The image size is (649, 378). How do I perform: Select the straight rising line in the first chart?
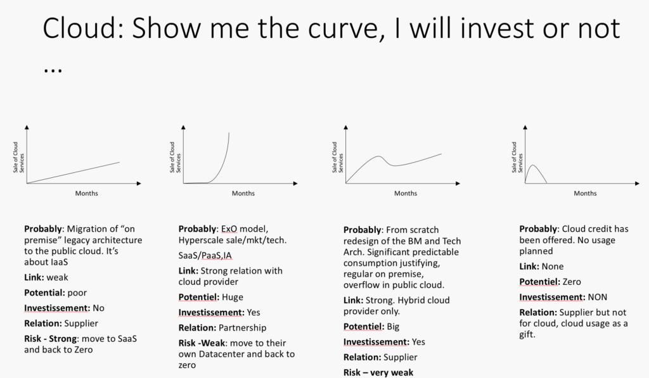pos(73,172)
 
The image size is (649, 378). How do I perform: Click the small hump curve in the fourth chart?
pos(534,172)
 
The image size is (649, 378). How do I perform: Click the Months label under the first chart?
pos(87,193)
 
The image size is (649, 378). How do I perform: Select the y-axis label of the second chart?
pos(176,157)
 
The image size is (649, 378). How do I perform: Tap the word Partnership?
pos(243,327)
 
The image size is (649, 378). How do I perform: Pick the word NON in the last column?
pos(595,297)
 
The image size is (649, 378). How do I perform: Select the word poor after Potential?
pos(74,293)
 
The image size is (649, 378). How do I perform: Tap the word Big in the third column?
pos(396,327)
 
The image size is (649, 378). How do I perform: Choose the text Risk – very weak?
pos(378,372)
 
